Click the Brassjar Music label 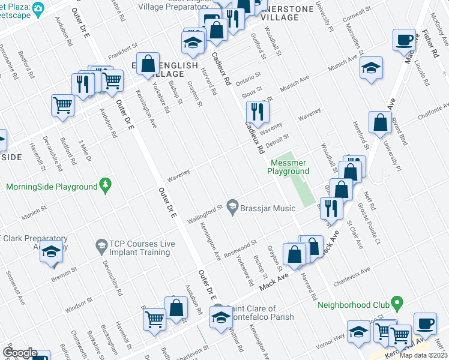click(x=268, y=208)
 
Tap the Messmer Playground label click(x=289, y=167)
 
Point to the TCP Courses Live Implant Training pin click(x=101, y=245)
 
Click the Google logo click(x=20, y=353)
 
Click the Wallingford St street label click(x=203, y=212)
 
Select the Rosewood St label click(x=241, y=247)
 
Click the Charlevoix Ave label click(x=352, y=275)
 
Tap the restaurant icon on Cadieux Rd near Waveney click(x=258, y=111)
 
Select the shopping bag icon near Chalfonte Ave click(x=380, y=123)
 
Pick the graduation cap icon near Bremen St click(x=52, y=253)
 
